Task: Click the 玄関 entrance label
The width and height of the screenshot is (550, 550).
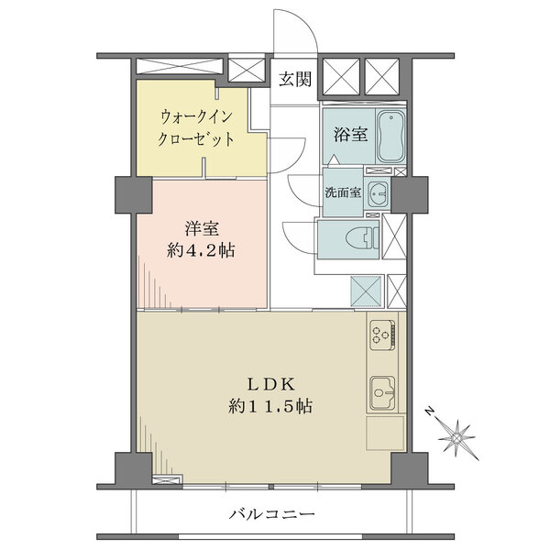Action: pos(295,79)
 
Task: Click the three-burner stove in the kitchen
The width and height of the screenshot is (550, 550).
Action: pos(381,336)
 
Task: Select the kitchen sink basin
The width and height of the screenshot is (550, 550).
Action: pos(382,394)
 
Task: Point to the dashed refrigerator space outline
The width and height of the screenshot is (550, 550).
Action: pos(385,434)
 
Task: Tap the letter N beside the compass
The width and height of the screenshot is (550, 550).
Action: pos(428,413)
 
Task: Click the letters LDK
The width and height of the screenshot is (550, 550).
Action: pos(270,383)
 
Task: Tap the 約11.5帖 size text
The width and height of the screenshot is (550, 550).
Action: pos(270,407)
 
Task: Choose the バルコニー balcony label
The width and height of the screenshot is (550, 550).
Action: pos(272,516)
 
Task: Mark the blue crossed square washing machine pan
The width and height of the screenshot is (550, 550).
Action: pos(367,291)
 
